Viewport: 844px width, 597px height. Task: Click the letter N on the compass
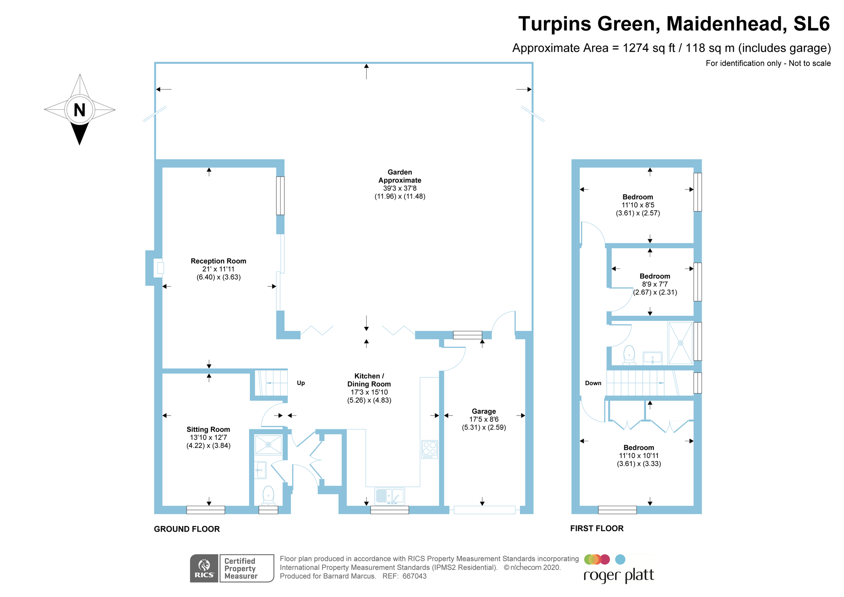(79, 110)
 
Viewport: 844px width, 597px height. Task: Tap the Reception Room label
(218, 261)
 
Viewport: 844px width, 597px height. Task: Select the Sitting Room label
(208, 429)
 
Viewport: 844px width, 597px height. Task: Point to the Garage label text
(484, 411)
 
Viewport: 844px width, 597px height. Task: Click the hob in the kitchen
(430, 449)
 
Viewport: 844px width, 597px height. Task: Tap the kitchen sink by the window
(390, 496)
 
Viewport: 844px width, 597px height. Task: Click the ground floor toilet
(268, 495)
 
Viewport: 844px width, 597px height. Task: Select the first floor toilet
(629, 355)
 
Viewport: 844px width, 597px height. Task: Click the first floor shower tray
(680, 343)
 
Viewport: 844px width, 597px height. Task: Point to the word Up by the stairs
(301, 383)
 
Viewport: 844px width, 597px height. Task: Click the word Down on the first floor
(593, 383)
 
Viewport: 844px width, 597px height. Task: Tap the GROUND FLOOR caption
(187, 529)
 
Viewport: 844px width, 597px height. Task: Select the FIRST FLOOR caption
(597, 528)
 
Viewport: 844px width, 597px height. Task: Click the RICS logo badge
(204, 568)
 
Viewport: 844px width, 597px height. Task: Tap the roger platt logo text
(619, 575)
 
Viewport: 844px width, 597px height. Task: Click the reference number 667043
(414, 576)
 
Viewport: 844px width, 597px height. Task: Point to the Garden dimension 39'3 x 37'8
(400, 188)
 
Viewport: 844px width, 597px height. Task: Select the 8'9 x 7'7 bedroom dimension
(655, 284)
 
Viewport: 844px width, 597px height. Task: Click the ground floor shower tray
(268, 445)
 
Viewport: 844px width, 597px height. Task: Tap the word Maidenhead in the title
(726, 24)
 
